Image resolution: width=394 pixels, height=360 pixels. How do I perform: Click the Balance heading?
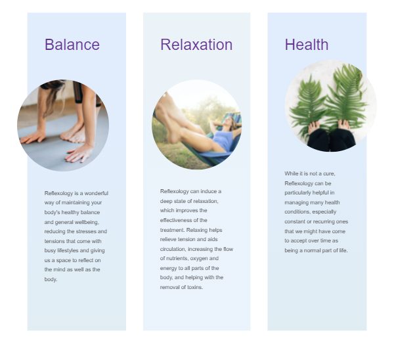point(72,45)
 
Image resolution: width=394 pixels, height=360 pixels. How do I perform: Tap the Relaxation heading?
point(196,45)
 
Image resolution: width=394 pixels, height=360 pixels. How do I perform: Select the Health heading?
point(306,45)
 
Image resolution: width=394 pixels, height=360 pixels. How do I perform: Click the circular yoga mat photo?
point(63,125)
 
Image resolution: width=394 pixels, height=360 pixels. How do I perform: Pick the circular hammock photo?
point(197,125)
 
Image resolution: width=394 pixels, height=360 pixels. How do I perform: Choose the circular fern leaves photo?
point(331,106)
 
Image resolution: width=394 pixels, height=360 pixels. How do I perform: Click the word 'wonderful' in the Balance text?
point(97,193)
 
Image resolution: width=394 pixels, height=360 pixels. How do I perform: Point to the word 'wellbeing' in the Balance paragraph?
point(87,222)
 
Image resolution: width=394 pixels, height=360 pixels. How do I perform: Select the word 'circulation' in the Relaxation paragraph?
point(173,249)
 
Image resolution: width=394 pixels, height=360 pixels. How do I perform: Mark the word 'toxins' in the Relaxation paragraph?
point(195,287)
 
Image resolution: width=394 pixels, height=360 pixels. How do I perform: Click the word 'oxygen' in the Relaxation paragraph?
point(199,259)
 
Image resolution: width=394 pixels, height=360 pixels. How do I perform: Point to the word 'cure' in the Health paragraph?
point(329,173)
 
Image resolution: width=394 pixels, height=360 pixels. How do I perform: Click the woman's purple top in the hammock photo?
point(223,141)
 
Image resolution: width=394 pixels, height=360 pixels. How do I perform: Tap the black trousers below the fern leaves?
point(331,141)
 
